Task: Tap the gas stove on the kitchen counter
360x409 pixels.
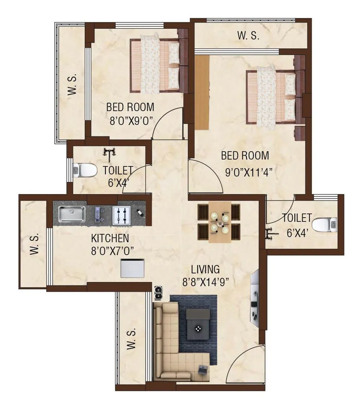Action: click(121, 215)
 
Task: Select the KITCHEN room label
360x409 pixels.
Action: click(110, 238)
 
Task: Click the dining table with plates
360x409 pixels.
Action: click(220, 222)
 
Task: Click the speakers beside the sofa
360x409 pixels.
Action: click(158, 293)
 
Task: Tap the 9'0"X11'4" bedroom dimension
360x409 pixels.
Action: click(248, 172)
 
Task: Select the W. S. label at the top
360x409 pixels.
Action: click(248, 36)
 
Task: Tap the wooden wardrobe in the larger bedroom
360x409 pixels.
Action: click(202, 92)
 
